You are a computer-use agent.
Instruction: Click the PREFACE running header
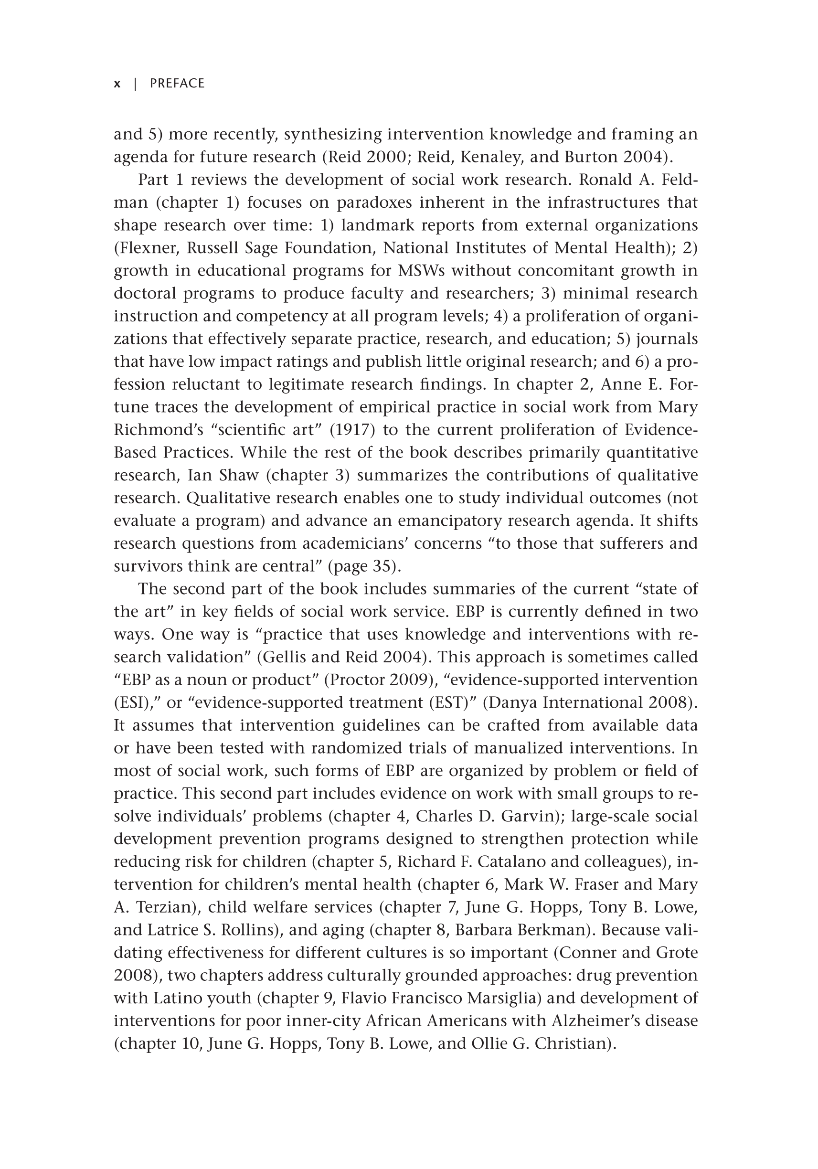[x=177, y=84]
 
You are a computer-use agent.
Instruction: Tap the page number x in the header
[x=117, y=84]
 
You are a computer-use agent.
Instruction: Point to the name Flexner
[x=147, y=248]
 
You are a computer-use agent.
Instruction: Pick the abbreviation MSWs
[x=422, y=270]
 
